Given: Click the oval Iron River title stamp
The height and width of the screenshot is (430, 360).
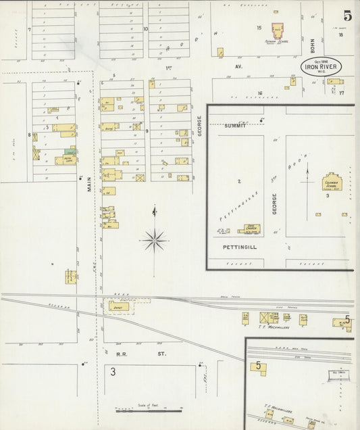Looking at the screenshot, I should click(x=322, y=67).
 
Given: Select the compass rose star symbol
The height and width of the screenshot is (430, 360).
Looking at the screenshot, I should click(x=155, y=239).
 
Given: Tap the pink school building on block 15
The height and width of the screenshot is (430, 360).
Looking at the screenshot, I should click(x=277, y=31).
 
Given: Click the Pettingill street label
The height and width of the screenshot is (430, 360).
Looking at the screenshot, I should click(x=237, y=248).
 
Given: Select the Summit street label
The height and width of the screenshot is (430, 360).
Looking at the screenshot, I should click(x=236, y=126).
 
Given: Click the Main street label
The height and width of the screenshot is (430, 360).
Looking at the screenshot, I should click(x=88, y=183).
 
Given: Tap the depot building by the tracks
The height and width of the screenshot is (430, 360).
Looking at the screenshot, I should click(x=119, y=306).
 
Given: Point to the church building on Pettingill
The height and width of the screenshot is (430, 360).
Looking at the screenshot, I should click(x=249, y=229).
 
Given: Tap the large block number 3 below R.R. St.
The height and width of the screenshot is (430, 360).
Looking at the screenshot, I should click(x=113, y=371).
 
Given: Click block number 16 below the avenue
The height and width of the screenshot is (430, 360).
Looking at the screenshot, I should click(x=259, y=93).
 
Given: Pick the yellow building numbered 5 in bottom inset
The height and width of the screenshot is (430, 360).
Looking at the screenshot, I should click(x=259, y=367).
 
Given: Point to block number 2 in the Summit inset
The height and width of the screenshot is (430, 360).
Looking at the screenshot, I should click(x=239, y=181).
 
